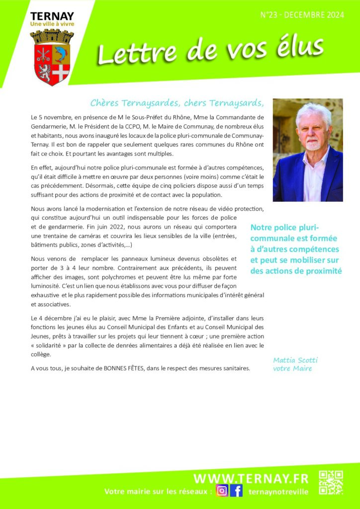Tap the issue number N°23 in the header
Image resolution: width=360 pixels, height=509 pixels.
(x=271, y=16)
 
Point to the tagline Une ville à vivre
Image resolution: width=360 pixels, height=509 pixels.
(x=52, y=24)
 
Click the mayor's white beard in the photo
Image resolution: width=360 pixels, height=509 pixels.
(x=312, y=145)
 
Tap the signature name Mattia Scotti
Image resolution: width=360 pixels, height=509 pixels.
(x=295, y=360)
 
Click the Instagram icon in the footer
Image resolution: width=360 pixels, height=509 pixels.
(x=222, y=491)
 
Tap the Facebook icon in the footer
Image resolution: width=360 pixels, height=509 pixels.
(x=237, y=491)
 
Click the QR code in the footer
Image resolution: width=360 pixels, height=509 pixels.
(x=331, y=482)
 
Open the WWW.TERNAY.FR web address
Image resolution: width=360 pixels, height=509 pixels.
(x=251, y=478)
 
